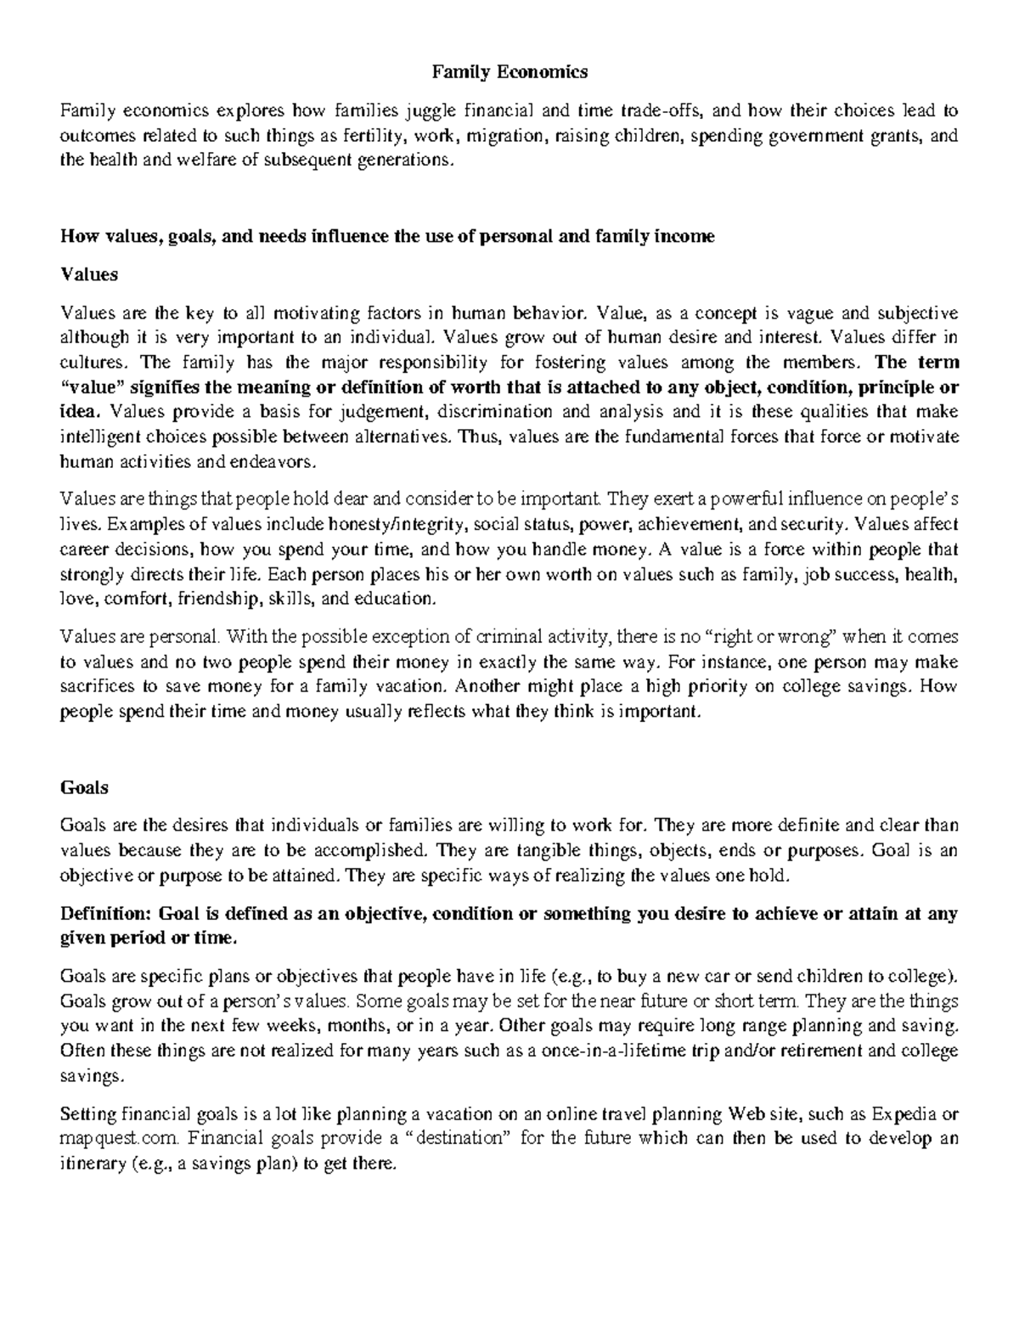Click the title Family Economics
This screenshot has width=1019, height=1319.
tap(509, 72)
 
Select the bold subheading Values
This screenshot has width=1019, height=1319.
tap(89, 274)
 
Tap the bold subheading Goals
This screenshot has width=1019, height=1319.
tap(85, 787)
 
